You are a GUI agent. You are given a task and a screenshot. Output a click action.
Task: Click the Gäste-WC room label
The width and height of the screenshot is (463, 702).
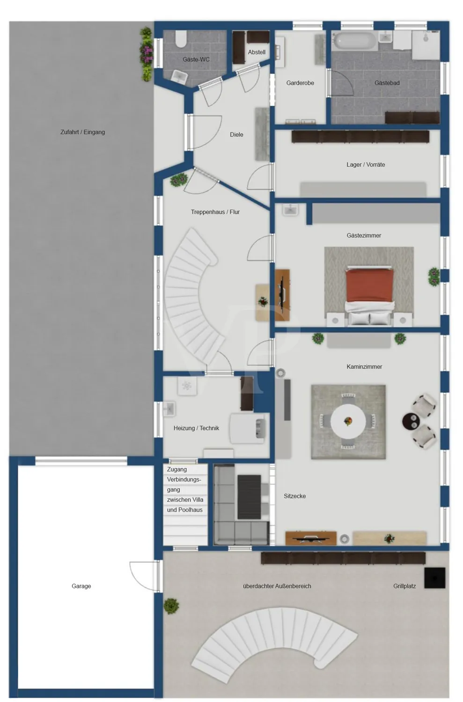[196, 59]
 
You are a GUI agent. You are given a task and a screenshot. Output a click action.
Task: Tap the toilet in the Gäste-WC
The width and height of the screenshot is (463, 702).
[181, 40]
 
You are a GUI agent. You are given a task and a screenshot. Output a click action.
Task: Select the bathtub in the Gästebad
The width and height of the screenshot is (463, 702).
[354, 41]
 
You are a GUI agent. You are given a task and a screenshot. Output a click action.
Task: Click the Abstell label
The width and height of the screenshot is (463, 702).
[257, 52]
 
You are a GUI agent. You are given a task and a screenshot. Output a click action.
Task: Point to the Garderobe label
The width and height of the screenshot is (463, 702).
[300, 83]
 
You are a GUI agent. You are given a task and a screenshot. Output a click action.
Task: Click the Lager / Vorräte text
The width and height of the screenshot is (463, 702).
[366, 165]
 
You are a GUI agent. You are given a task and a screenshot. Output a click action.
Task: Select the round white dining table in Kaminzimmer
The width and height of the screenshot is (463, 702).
[348, 421]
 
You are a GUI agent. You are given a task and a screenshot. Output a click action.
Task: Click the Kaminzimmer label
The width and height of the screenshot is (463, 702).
[364, 367]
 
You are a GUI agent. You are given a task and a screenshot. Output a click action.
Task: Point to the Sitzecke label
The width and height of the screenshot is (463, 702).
[294, 496]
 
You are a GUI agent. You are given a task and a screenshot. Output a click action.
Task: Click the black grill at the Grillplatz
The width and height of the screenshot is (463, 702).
[434, 578]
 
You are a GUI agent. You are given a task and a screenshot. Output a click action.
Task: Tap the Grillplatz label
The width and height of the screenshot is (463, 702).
[404, 586]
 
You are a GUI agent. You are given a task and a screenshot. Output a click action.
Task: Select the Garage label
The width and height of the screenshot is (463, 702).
[81, 586]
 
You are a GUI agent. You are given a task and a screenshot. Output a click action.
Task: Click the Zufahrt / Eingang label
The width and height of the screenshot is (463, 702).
[82, 132]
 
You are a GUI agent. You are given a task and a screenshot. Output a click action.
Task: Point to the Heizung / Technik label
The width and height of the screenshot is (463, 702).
[196, 428]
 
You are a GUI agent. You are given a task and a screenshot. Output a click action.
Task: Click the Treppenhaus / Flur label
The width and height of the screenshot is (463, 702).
[215, 212]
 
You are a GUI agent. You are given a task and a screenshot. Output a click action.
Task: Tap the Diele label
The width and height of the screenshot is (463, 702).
[236, 135]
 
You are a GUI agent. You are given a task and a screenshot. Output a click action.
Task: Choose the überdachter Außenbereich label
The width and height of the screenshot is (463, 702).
[277, 586]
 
